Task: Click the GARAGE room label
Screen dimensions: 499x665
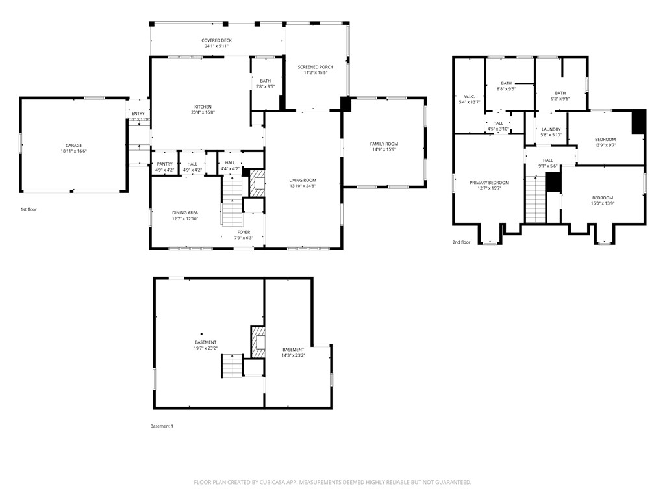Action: click(73, 146)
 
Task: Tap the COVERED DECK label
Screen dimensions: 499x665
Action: click(216, 40)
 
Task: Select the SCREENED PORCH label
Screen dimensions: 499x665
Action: click(316, 67)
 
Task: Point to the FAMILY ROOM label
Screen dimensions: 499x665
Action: click(384, 144)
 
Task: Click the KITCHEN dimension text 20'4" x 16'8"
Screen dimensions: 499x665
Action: click(203, 113)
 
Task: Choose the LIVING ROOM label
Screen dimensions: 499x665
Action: click(303, 180)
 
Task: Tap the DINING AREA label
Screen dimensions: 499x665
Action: click(185, 212)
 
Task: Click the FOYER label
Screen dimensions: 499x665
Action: click(244, 232)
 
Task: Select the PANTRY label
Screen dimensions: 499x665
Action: click(164, 164)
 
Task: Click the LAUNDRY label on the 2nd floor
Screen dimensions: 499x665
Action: click(551, 129)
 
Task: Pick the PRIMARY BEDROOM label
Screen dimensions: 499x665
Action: click(490, 183)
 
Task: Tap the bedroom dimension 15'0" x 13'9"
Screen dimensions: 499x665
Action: click(602, 204)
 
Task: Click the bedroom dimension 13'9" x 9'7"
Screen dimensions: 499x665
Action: click(605, 146)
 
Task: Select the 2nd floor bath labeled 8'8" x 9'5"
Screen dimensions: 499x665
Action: click(506, 89)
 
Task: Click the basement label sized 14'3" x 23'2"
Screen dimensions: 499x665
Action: click(293, 355)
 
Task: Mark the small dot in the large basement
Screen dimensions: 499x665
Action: click(201, 335)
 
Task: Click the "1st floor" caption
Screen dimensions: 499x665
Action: click(29, 210)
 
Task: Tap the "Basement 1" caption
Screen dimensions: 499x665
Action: click(162, 426)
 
